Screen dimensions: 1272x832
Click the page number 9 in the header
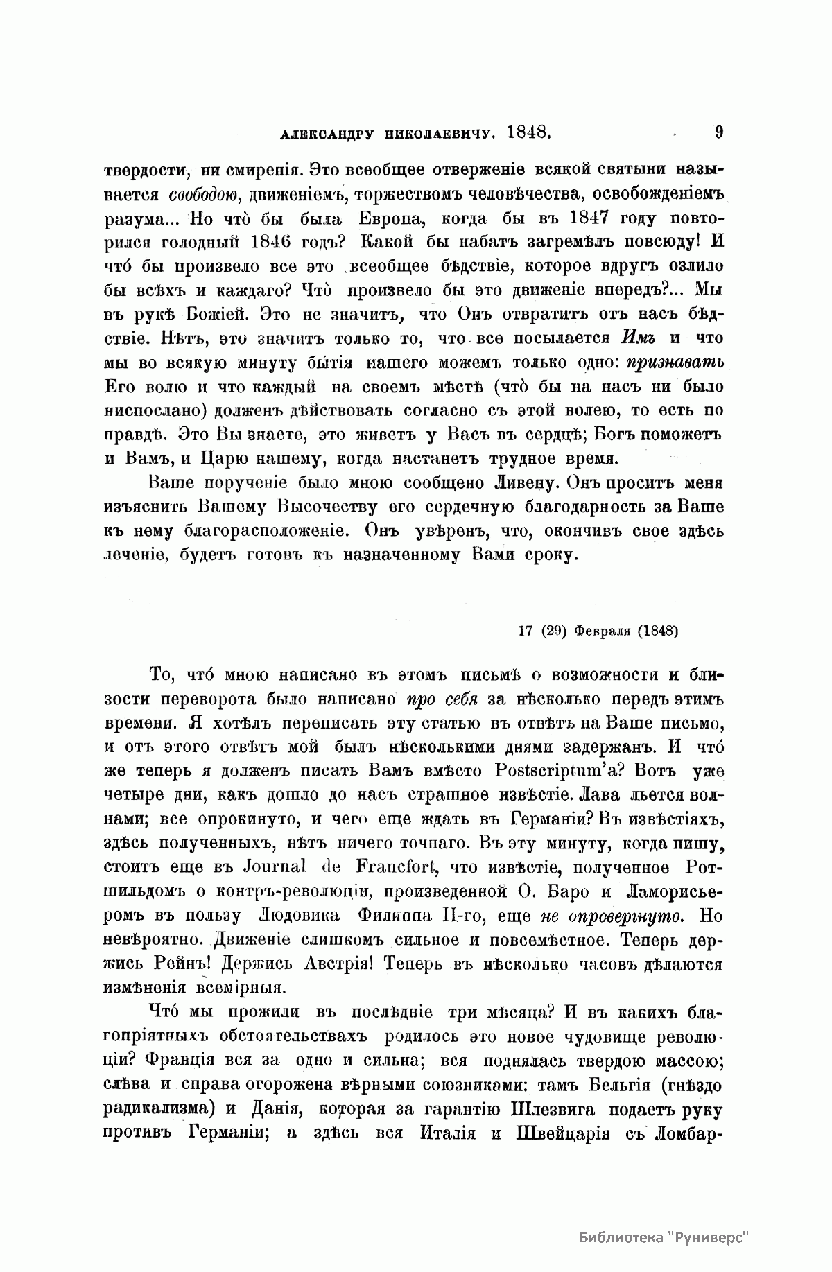pos(718,132)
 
